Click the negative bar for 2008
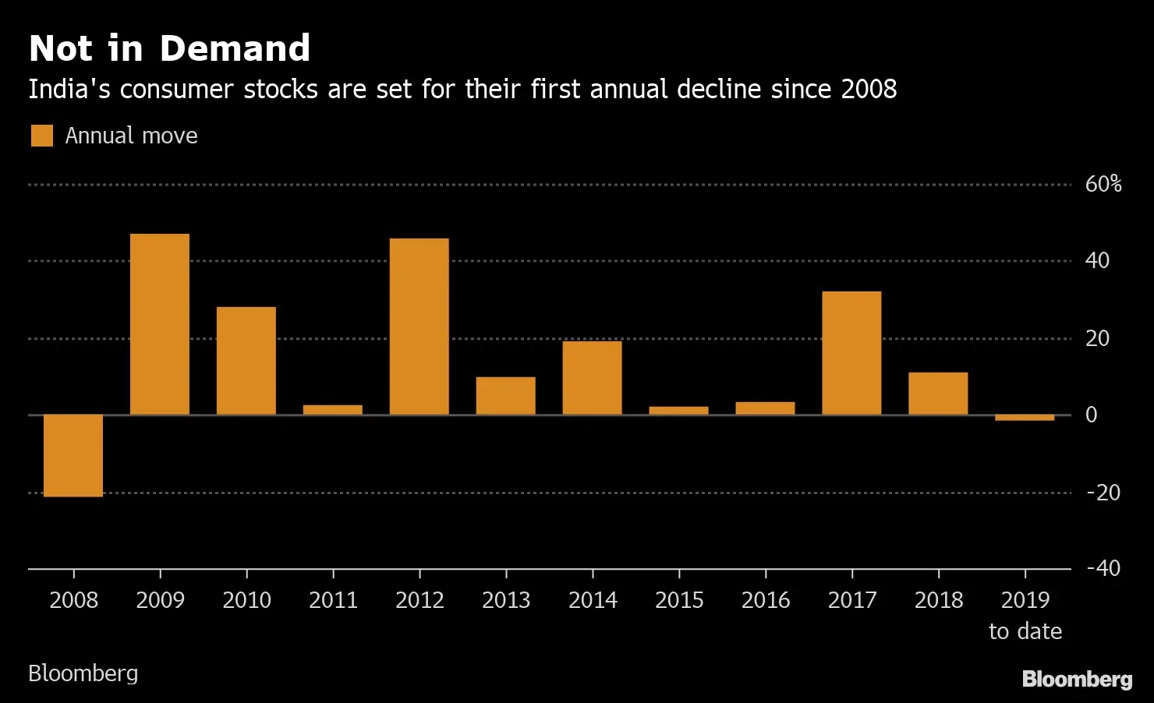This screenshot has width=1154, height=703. tap(73, 455)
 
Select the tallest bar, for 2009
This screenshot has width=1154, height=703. tap(160, 324)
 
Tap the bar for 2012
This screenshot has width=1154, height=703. tap(419, 327)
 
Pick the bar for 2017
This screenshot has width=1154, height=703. tap(851, 353)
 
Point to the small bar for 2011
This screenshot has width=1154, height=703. tap(333, 409)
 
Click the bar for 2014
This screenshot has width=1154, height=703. tap(593, 378)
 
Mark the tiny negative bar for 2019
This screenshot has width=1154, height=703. tap(1025, 418)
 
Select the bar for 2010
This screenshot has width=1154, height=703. tap(246, 361)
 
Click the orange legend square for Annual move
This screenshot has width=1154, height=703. tap(42, 136)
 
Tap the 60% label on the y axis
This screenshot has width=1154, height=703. tap(1103, 184)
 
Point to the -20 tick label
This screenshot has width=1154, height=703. tap(1103, 493)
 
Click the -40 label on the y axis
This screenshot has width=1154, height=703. tap(1103, 568)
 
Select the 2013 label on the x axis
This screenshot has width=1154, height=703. tap(506, 600)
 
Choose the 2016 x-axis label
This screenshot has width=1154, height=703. tap(766, 600)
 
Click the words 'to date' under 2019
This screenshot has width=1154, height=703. tap(1025, 631)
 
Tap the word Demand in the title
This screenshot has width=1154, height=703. tap(235, 48)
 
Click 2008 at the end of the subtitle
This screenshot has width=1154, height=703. tap(869, 89)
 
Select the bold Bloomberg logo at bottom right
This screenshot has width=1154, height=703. tap(1077, 679)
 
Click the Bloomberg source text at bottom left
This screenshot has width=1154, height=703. tap(83, 673)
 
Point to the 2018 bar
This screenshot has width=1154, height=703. tap(938, 394)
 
